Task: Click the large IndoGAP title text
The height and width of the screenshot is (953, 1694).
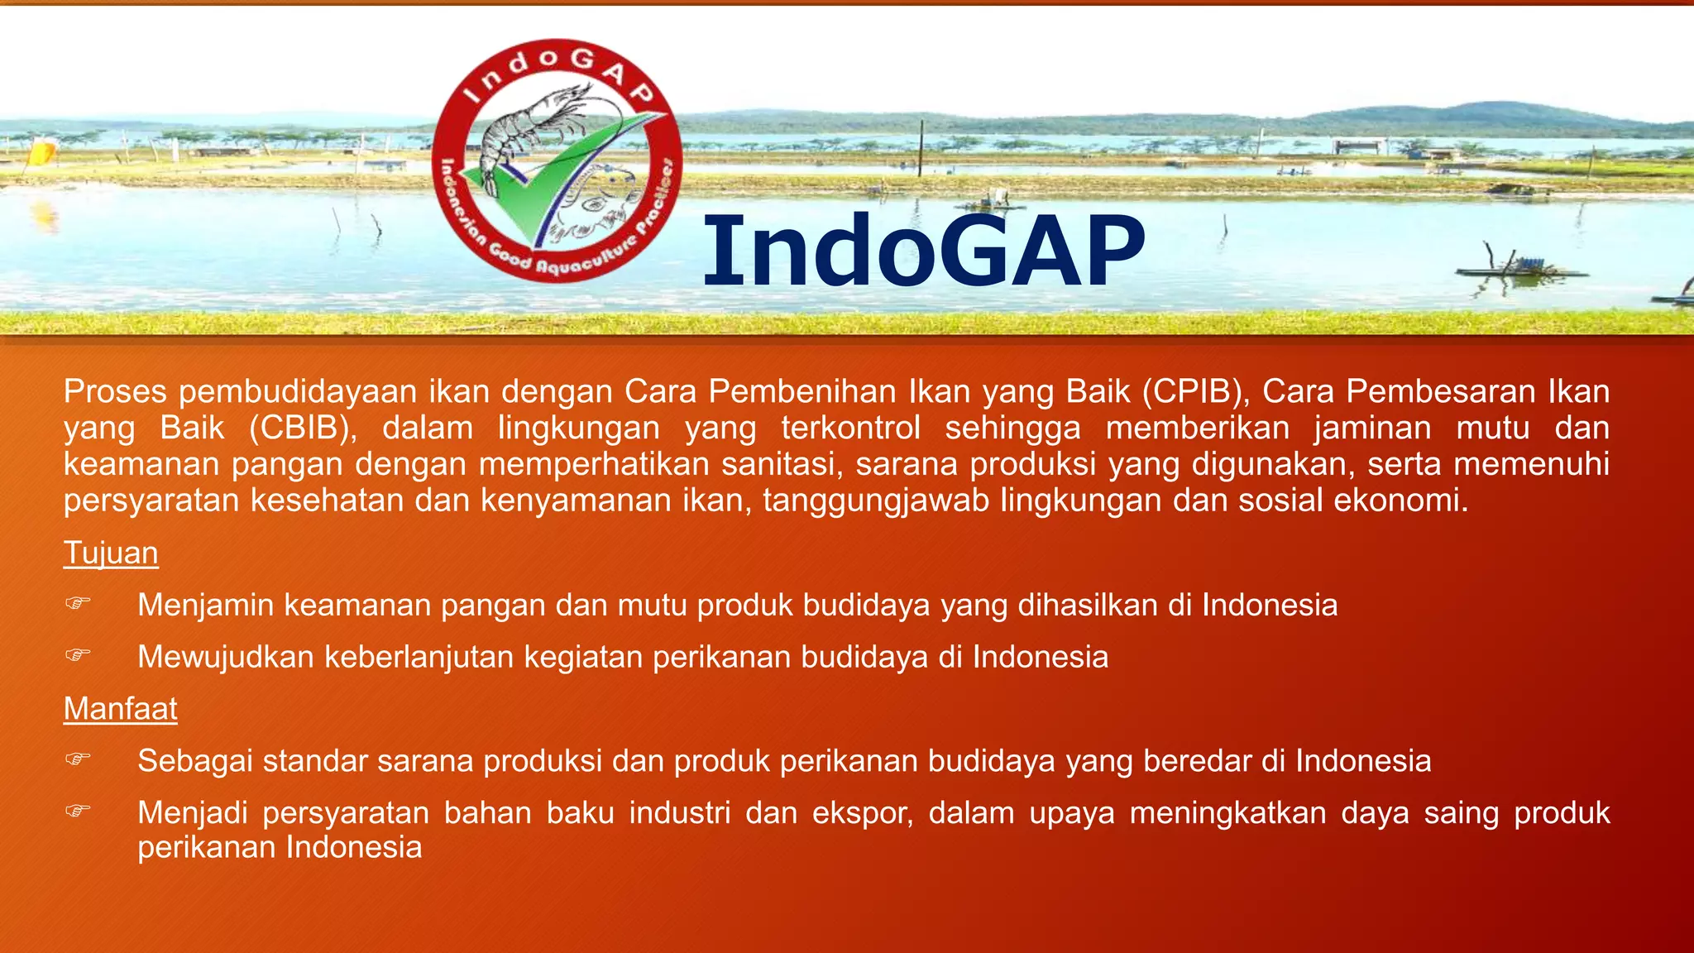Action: [924, 251]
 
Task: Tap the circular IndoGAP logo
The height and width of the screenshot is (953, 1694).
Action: [557, 160]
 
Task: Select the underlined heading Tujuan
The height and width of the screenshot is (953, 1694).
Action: [111, 553]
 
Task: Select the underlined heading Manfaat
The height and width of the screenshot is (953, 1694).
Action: [121, 709]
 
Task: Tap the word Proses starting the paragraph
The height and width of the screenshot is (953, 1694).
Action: [115, 391]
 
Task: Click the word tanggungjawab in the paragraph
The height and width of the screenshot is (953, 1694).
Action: [876, 500]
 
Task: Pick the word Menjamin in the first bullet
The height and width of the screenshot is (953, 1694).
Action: [206, 606]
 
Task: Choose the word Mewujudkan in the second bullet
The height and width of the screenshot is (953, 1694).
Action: [226, 657]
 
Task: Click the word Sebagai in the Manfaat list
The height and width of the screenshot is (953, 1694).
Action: [195, 761]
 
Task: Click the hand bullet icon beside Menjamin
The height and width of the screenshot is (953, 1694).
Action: [78, 604]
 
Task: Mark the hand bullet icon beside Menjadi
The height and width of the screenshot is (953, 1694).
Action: [78, 811]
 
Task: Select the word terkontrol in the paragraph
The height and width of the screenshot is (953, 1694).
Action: [850, 428]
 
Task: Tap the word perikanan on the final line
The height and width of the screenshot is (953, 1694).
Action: [207, 847]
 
